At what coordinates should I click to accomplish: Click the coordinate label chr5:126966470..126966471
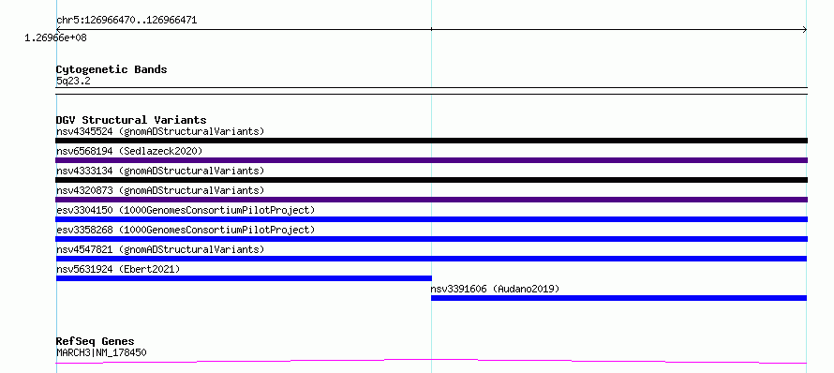[127, 21]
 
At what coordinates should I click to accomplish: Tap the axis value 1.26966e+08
[56, 38]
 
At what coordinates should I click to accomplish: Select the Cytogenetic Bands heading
[112, 69]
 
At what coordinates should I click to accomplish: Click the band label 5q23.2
[73, 81]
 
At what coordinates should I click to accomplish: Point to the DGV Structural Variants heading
[131, 120]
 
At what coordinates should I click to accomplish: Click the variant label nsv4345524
[84, 131]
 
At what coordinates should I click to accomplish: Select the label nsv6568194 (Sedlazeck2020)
[129, 151]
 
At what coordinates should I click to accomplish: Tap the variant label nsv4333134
[84, 171]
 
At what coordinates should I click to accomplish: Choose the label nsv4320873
[84, 190]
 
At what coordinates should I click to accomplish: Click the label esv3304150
[84, 210]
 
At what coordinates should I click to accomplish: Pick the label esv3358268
[84, 230]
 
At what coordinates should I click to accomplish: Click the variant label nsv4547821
[84, 249]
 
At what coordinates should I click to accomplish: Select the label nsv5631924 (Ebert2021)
[118, 269]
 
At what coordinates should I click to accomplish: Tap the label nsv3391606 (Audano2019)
[495, 289]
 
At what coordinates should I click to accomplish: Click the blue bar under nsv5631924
[244, 278]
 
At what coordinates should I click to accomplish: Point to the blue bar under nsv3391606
[619, 298]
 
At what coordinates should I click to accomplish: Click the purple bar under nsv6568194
[431, 160]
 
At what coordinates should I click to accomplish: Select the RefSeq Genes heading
[96, 341]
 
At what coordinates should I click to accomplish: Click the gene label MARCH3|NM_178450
[101, 352]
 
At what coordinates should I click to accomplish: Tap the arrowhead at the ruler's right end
[805, 30]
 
